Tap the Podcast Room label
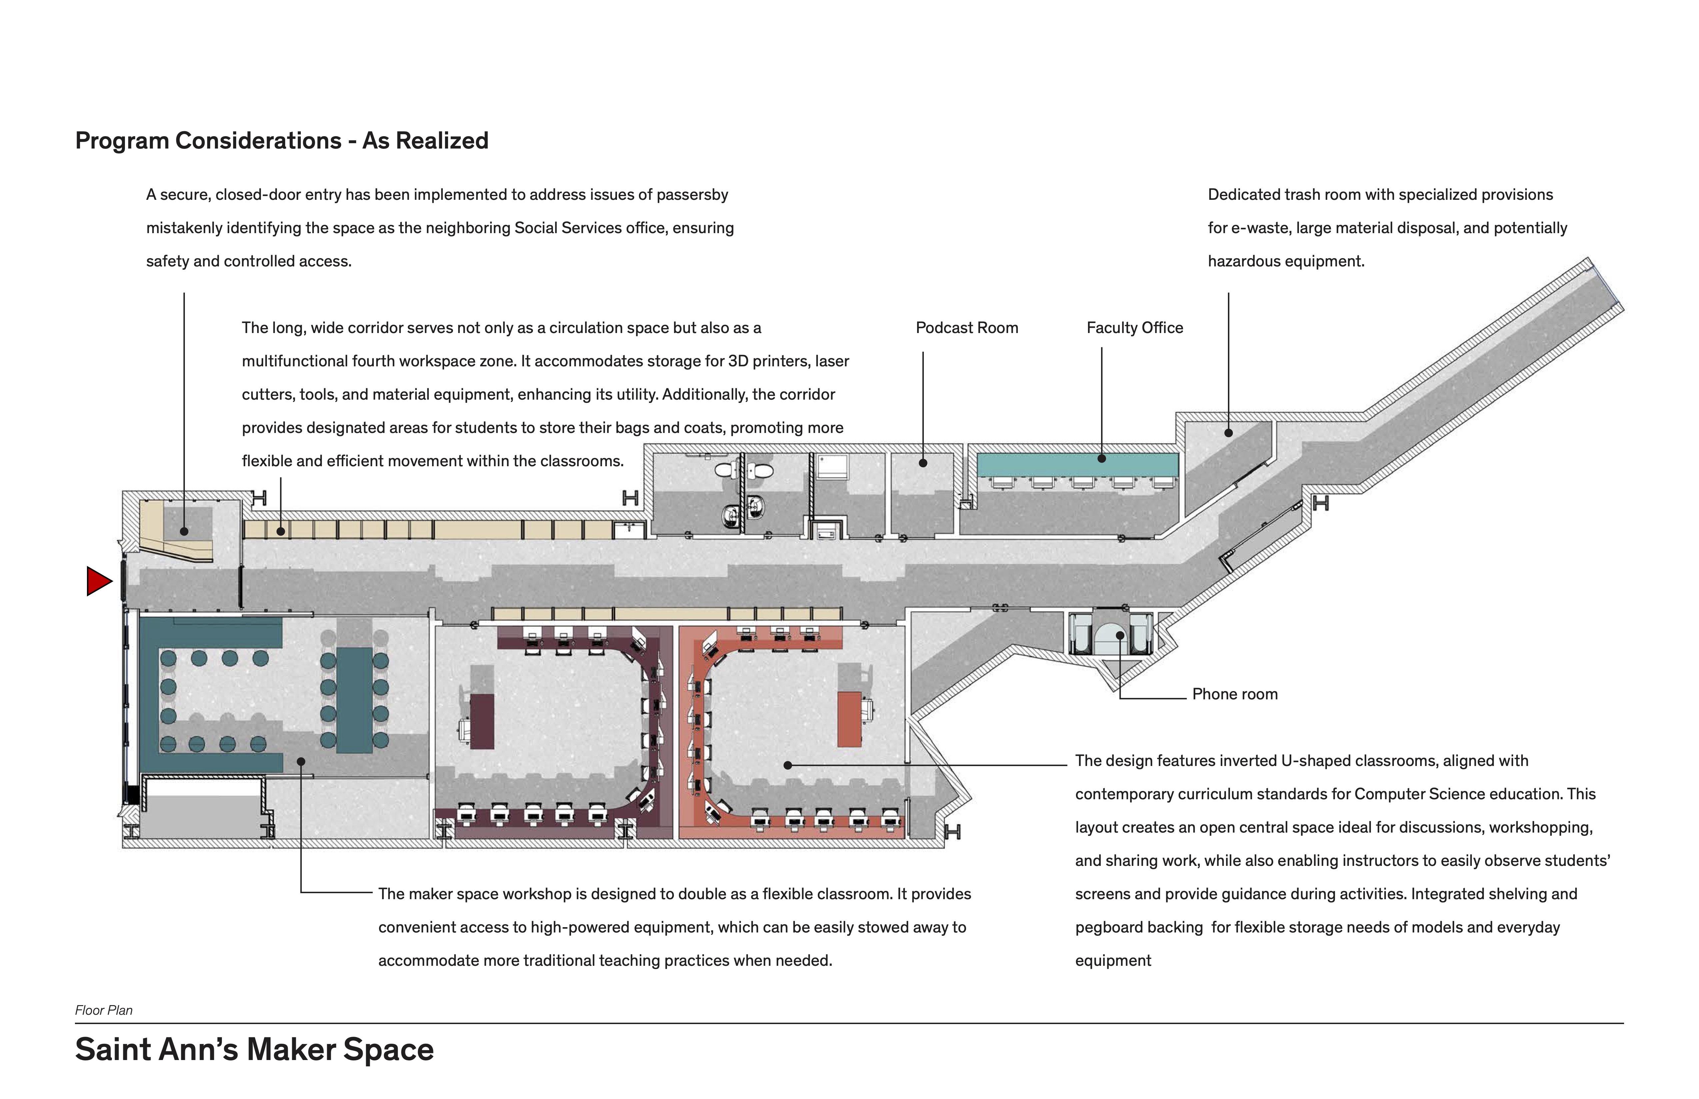(966, 328)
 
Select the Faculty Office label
(1134, 328)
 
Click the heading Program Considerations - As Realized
(282, 141)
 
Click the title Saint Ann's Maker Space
(254, 1049)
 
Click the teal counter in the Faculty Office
(1077, 465)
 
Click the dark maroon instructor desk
(482, 721)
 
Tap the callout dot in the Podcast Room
(923, 463)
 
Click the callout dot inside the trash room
(1229, 433)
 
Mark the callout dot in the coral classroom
(788, 765)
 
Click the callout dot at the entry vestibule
(184, 531)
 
